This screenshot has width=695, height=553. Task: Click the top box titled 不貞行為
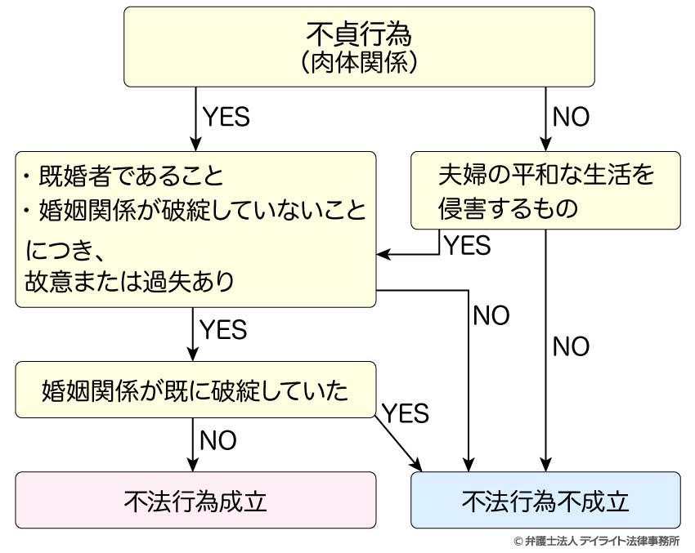(359, 34)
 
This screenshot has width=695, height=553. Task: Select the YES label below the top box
(224, 117)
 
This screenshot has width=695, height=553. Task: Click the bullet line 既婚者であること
(123, 176)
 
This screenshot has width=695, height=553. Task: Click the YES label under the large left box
(222, 330)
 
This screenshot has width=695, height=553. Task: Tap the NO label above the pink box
(217, 441)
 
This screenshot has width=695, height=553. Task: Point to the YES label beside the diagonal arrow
(406, 413)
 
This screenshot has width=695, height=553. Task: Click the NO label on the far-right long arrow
(571, 347)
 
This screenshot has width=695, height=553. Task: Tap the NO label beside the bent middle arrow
(491, 316)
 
